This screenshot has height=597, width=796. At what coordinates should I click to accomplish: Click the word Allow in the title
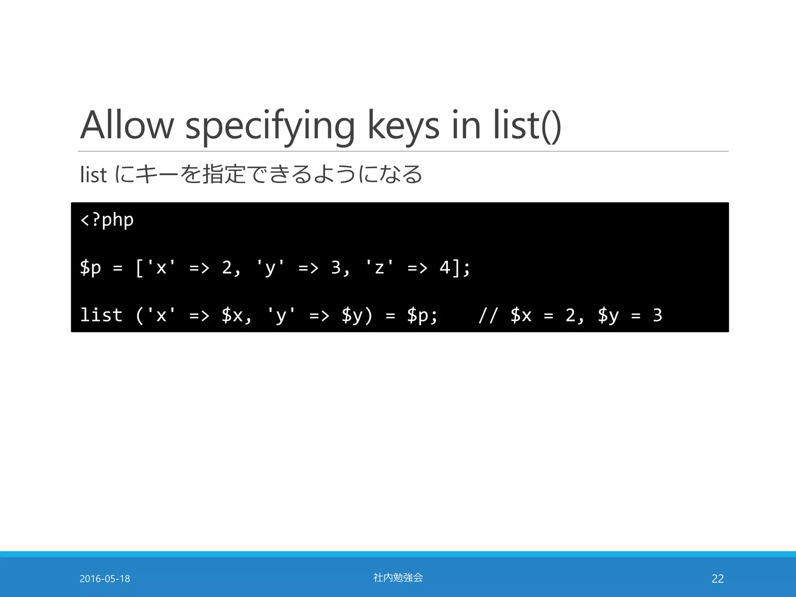pyautogui.click(x=127, y=125)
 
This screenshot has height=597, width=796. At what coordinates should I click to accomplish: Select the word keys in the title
pyautogui.click(x=403, y=125)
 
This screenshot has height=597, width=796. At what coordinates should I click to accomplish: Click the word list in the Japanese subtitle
pyautogui.click(x=93, y=175)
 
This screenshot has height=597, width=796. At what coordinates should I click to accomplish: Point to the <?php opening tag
pyautogui.click(x=107, y=220)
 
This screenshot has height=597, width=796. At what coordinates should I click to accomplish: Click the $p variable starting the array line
pyautogui.click(x=90, y=268)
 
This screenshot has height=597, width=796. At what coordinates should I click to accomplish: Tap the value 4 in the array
pyautogui.click(x=445, y=267)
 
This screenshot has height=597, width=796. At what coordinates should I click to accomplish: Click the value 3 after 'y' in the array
pyautogui.click(x=336, y=267)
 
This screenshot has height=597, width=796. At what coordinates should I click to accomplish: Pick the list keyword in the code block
pyautogui.click(x=101, y=315)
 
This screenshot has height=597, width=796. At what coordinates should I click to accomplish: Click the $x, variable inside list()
pyautogui.click(x=236, y=315)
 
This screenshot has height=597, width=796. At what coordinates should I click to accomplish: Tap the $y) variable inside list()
pyautogui.click(x=356, y=315)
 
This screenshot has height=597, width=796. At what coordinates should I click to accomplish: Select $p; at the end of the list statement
pyautogui.click(x=422, y=315)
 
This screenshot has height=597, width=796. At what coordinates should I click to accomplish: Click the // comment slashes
pyautogui.click(x=488, y=315)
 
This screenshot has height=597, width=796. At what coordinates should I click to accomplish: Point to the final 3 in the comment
pyautogui.click(x=657, y=315)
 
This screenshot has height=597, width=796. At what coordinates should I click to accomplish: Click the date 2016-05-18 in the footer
pyautogui.click(x=105, y=579)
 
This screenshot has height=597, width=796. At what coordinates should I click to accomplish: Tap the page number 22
pyautogui.click(x=717, y=579)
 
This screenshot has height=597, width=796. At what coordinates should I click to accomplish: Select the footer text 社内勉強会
pyautogui.click(x=398, y=578)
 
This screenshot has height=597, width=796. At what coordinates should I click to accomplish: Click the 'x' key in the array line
pyautogui.click(x=161, y=267)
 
